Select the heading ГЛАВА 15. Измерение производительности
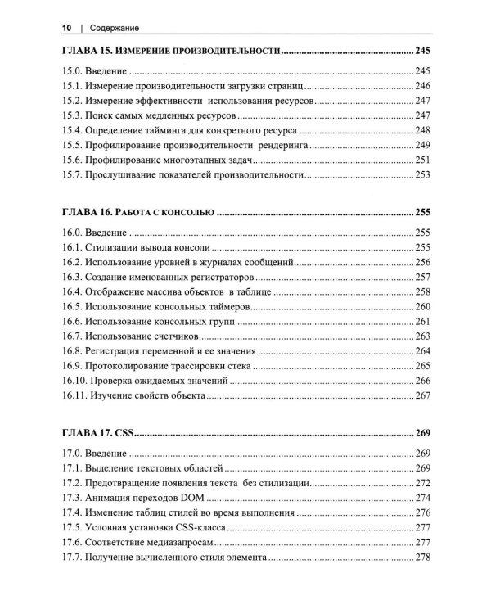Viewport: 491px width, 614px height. (x=171, y=52)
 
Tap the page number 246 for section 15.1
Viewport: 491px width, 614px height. (x=421, y=86)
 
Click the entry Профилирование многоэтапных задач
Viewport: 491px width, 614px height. (x=154, y=160)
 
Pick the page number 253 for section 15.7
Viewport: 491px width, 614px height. (x=421, y=174)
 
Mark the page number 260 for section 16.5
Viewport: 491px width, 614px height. (x=421, y=306)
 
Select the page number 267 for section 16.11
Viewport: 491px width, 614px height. (x=421, y=395)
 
